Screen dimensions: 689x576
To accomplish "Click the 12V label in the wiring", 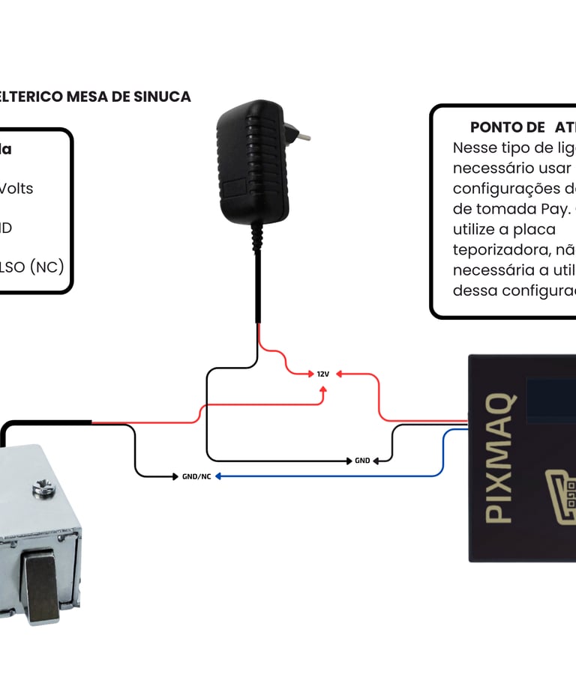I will pyautogui.click(x=323, y=374).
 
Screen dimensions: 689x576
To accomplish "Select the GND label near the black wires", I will pyautogui.click(x=363, y=461).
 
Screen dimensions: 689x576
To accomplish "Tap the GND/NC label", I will pyautogui.click(x=196, y=476).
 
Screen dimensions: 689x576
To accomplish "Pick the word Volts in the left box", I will pyautogui.click(x=16, y=188).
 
